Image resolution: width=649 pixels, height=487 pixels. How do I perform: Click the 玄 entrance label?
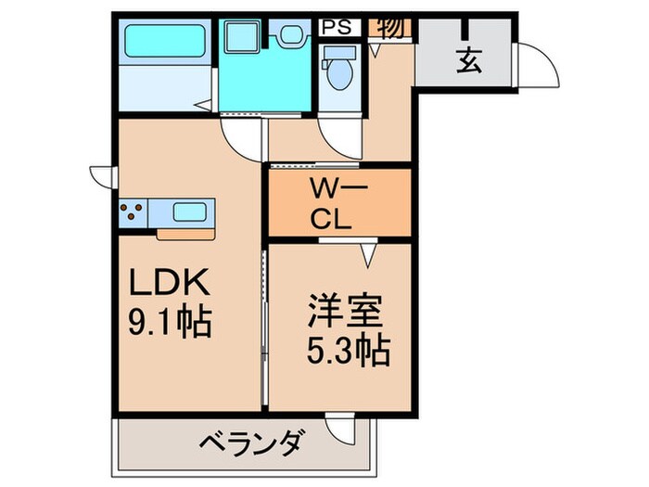point(469,63)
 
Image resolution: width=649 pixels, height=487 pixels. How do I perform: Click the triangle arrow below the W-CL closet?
point(369,250)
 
